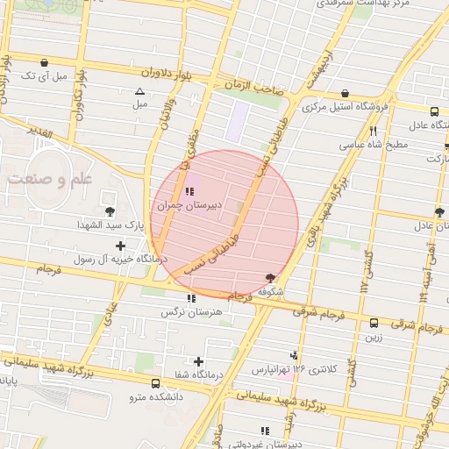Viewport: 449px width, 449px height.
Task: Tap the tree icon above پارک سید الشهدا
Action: [x=110, y=211]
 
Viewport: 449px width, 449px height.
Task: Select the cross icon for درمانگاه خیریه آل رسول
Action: [x=120, y=246]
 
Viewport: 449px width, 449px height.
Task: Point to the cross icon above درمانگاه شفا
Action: [x=199, y=361]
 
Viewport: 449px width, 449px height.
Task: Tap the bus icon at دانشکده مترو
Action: [x=155, y=383]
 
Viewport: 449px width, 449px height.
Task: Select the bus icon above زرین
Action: [x=374, y=323]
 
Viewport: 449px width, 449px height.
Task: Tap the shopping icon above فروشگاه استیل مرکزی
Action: [x=346, y=94]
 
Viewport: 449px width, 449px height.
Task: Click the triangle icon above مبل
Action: [x=139, y=91]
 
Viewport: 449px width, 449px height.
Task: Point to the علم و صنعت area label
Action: [x=48, y=179]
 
